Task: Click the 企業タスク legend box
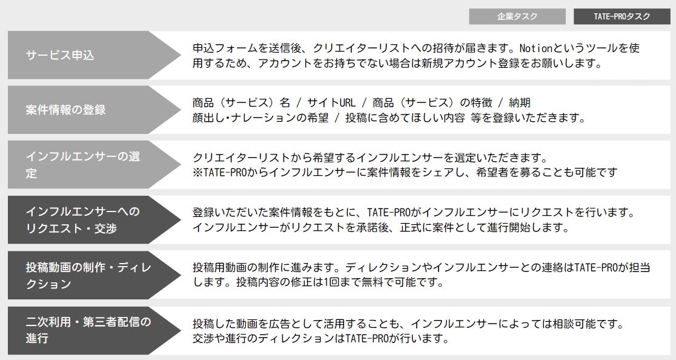pyautogui.click(x=517, y=16)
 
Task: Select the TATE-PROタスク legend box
pyautogui.click(x=621, y=16)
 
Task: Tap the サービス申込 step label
pyautogui.click(x=60, y=55)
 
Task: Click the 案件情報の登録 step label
pyautogui.click(x=65, y=110)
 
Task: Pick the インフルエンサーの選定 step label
pyautogui.click(x=82, y=165)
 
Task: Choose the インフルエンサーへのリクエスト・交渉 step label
pyautogui.click(x=82, y=219)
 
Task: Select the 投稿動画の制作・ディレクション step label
pyautogui.click(x=88, y=275)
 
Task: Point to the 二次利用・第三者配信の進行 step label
pyautogui.click(x=88, y=330)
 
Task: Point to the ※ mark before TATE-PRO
pyautogui.click(x=197, y=173)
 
